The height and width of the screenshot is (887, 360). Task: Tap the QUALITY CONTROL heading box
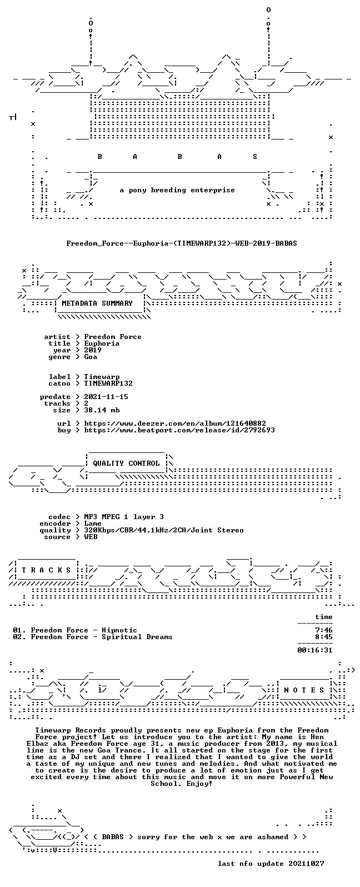click(126, 463)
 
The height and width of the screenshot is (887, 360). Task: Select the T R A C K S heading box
click(46, 570)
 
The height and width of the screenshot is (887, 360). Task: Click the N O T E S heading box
click(304, 690)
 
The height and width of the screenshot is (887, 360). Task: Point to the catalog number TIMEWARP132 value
click(108, 383)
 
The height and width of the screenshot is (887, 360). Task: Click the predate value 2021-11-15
click(106, 397)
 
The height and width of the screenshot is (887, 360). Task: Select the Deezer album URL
click(175, 423)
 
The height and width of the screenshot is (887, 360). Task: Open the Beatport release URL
click(179, 430)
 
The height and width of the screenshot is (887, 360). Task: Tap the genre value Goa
click(91, 357)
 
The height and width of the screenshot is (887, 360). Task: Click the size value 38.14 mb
click(102, 410)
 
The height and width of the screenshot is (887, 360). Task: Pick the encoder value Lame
click(93, 524)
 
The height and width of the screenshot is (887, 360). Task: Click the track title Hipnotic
click(119, 630)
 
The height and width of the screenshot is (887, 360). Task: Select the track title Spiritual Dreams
click(137, 637)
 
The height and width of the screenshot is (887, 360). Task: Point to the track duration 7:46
click(323, 630)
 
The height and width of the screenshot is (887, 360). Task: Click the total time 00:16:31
click(315, 650)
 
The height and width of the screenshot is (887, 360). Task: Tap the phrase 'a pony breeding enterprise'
click(177, 190)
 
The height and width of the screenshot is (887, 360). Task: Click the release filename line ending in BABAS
click(181, 243)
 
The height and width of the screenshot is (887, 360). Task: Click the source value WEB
click(91, 537)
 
